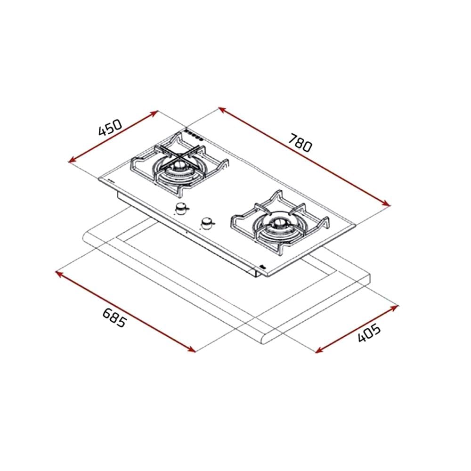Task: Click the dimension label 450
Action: click(x=111, y=127)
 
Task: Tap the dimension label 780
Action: click(x=300, y=142)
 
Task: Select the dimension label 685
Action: click(x=114, y=318)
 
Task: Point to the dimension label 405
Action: click(x=369, y=333)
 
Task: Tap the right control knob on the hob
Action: click(x=207, y=223)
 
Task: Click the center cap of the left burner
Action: click(x=180, y=164)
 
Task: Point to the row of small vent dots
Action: click(x=194, y=136)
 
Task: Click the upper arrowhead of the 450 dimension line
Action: click(x=155, y=113)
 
